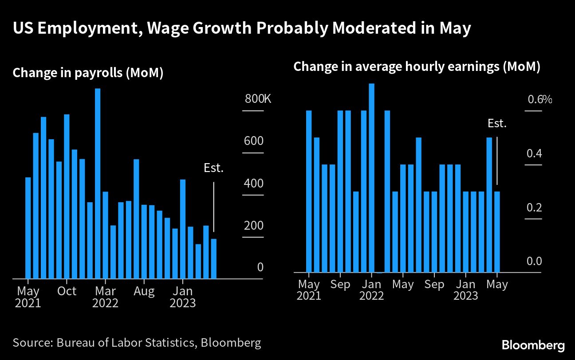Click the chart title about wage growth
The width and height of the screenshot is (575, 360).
[241, 29]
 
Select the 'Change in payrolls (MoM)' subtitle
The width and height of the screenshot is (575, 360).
[88, 73]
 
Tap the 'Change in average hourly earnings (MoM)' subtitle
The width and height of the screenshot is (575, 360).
[417, 67]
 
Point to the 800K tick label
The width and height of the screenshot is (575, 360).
[257, 99]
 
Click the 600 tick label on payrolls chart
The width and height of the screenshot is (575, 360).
[254, 141]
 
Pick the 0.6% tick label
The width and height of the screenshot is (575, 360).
[540, 99]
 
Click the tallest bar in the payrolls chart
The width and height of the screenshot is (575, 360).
[98, 184]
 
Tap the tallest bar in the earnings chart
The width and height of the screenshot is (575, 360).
[372, 177]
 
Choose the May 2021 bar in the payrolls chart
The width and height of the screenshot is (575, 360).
[28, 228]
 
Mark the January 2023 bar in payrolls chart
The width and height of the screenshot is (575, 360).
[182, 229]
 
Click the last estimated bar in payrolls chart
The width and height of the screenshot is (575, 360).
[213, 258]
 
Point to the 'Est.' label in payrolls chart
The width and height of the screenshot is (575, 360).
[213, 168]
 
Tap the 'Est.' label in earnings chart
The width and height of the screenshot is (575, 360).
[497, 124]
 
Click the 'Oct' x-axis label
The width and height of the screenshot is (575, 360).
[67, 291]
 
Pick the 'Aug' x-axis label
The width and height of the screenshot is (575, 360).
[145, 291]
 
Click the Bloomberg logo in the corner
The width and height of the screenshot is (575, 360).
[533, 345]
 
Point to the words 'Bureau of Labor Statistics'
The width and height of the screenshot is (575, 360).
[128, 343]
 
